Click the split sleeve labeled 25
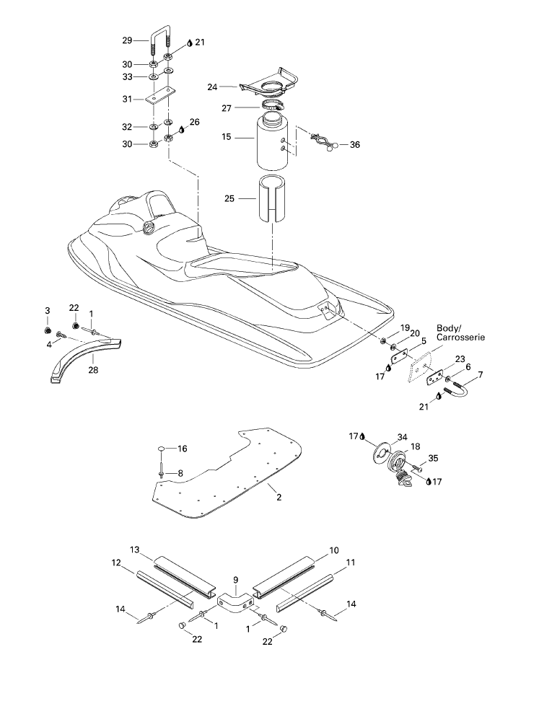click(x=273, y=198)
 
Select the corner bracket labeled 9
click(x=235, y=601)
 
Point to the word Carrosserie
click(x=460, y=338)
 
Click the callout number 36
click(x=355, y=145)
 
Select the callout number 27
click(x=227, y=108)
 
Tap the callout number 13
click(x=134, y=550)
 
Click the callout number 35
click(x=433, y=458)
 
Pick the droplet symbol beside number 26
click(x=182, y=130)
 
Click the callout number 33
click(x=127, y=77)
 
